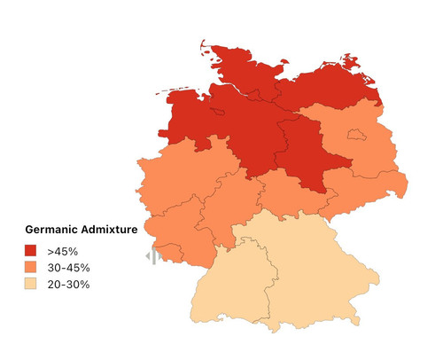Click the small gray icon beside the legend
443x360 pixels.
[x=152, y=256]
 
